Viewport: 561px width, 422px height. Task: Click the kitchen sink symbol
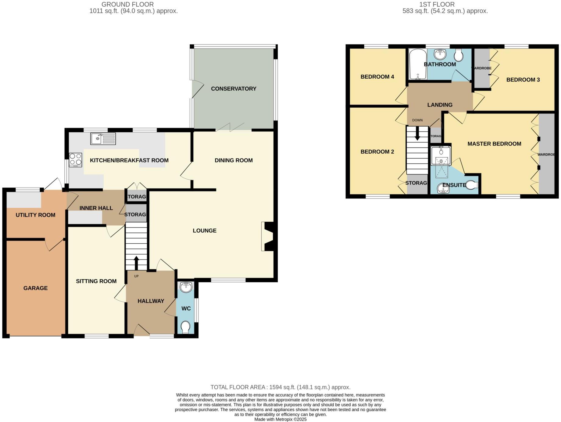coord(103,139)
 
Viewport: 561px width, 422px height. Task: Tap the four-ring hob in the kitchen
coord(75,159)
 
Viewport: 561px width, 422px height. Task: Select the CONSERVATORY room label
coord(234,89)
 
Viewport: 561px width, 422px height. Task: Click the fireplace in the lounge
coord(267,237)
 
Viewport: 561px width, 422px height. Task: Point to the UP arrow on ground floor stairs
coord(136,263)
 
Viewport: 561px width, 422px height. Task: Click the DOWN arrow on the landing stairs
coord(417,134)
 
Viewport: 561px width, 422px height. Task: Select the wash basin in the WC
coord(186,287)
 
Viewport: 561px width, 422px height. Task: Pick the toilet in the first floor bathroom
coord(459,55)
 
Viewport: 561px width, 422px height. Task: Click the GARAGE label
coord(35,288)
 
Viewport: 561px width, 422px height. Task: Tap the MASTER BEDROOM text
coord(494,144)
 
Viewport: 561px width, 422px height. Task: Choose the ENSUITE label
coord(454,185)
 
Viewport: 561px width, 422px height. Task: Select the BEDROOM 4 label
coord(377,77)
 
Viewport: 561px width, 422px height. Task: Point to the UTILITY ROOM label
coord(35,215)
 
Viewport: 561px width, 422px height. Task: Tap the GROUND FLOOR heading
coord(127,4)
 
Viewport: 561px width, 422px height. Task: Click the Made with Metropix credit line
coord(280,419)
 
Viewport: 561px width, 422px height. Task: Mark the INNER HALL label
coord(96,208)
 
